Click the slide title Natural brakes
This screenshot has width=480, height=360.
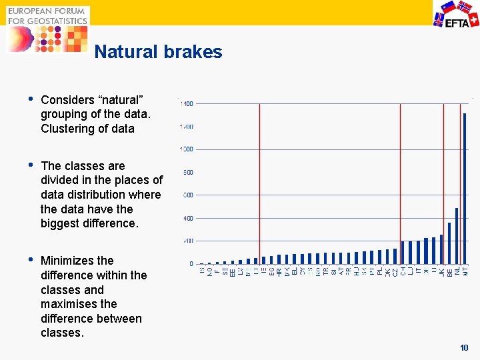[x=158, y=52]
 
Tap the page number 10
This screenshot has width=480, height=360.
[x=465, y=348]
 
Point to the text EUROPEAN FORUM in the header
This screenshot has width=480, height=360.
[x=47, y=11]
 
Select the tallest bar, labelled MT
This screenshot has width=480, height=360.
[x=465, y=188]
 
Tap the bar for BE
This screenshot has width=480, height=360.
[x=449, y=243]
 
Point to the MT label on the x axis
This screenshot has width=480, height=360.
[x=465, y=271]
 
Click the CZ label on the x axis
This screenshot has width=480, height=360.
[x=395, y=271]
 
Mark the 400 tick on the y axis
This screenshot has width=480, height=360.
[x=188, y=218]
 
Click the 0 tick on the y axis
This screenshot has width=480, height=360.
[x=191, y=264]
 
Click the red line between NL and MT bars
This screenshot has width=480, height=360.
[x=460, y=180]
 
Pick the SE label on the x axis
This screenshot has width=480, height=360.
[x=225, y=271]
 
